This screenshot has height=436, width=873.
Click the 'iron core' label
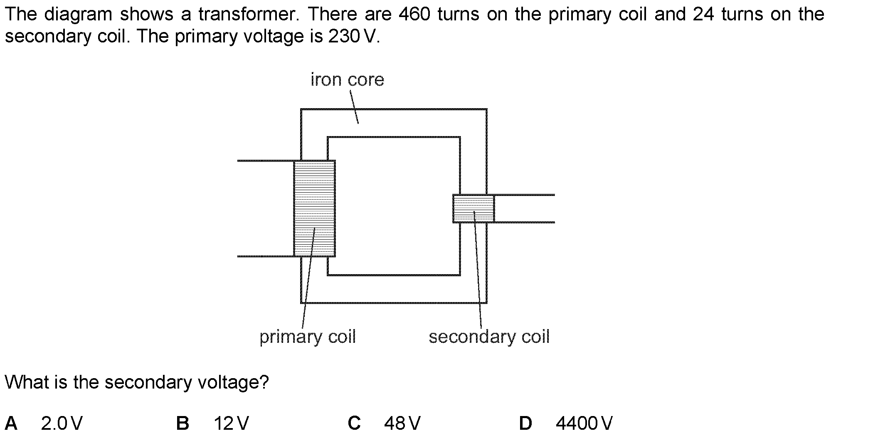(347, 79)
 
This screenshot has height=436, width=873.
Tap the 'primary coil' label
(308, 337)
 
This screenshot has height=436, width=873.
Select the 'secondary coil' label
(489, 337)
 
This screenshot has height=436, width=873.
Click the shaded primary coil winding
(314, 208)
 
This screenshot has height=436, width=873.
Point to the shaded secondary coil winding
(473, 208)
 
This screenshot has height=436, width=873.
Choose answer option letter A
(11, 424)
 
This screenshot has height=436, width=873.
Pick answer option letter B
(182, 424)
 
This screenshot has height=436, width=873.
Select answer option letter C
(354, 424)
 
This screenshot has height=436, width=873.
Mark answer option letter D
(525, 424)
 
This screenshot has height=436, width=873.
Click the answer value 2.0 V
(62, 424)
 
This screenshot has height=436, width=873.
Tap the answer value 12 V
(231, 424)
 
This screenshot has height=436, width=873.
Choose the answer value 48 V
(402, 424)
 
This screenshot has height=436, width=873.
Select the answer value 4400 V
(584, 424)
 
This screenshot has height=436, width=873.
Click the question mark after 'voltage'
(264, 382)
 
